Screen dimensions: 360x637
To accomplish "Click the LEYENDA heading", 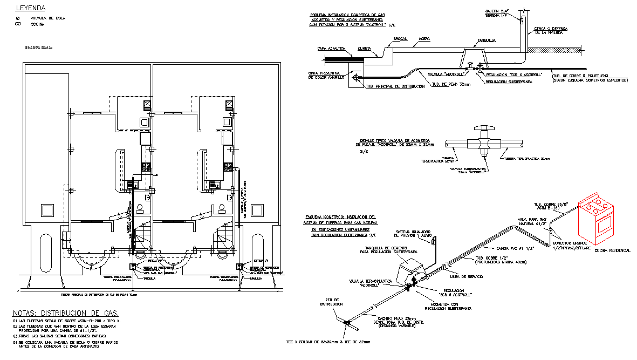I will [x=30, y=8].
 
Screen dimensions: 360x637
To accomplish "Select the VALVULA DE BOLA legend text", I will [x=48, y=18].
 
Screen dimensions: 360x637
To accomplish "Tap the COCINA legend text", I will [x=38, y=24].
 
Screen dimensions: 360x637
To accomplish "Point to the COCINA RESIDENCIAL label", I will [x=612, y=251].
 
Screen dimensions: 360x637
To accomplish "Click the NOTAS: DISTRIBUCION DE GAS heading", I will [x=65, y=313].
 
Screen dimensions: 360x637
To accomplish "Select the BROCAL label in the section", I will [x=400, y=39].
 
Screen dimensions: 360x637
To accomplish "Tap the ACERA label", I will [x=424, y=39].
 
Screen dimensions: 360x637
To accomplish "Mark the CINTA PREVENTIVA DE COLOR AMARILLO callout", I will [x=323, y=75].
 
